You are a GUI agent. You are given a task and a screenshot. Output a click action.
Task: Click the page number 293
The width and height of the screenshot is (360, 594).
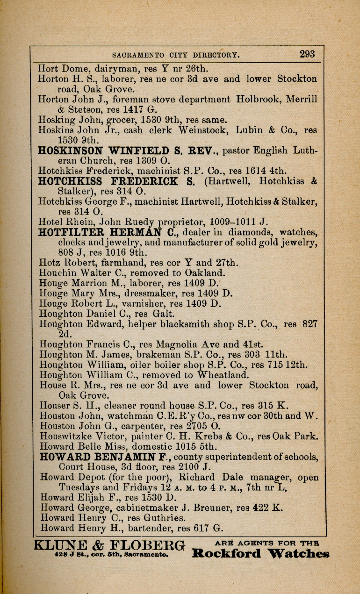(x=307, y=54)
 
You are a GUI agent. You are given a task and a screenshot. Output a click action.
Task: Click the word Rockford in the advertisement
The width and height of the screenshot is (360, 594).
(x=227, y=554)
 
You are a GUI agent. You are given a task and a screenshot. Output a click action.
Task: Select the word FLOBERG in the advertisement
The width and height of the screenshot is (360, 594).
(x=149, y=545)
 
